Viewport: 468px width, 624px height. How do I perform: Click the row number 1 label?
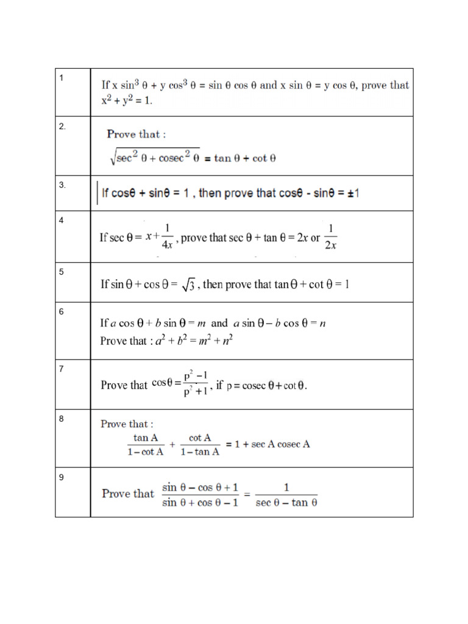tap(62, 77)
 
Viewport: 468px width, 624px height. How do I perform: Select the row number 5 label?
tap(62, 272)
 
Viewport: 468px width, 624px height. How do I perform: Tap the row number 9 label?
tap(62, 477)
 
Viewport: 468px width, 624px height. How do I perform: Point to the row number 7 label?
tap(62, 369)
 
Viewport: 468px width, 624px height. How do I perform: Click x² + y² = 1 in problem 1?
tap(127, 100)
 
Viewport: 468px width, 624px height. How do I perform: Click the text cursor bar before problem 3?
tap(96, 193)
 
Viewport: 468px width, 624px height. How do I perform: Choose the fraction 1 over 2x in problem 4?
tap(330, 237)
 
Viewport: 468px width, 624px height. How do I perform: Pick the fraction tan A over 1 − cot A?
tap(146, 444)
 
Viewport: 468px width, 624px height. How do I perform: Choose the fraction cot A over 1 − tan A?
tap(200, 444)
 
